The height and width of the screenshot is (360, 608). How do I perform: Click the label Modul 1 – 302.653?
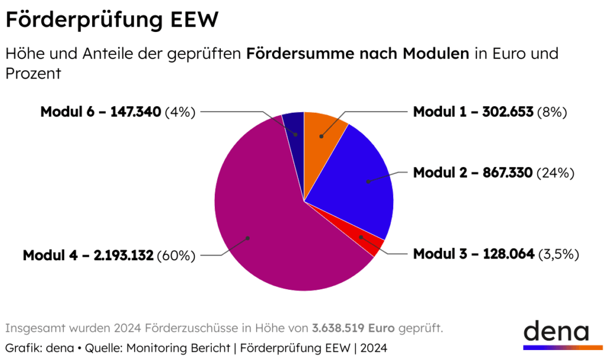click(473, 112)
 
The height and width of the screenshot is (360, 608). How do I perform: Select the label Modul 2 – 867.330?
click(473, 173)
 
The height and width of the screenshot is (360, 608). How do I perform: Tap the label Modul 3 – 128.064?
click(473, 254)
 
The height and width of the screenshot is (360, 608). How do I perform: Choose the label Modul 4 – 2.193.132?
click(89, 256)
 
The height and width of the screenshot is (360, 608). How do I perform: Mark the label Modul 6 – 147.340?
click(100, 112)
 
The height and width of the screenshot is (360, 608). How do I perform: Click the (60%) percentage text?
click(176, 256)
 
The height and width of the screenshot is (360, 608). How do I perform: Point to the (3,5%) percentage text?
click(558, 254)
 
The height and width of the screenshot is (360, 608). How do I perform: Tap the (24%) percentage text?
click(555, 173)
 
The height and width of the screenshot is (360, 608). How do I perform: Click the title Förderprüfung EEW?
click(112, 20)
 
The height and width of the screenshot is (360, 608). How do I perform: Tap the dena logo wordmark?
click(555, 331)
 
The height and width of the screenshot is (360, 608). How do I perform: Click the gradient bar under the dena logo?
click(555, 348)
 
